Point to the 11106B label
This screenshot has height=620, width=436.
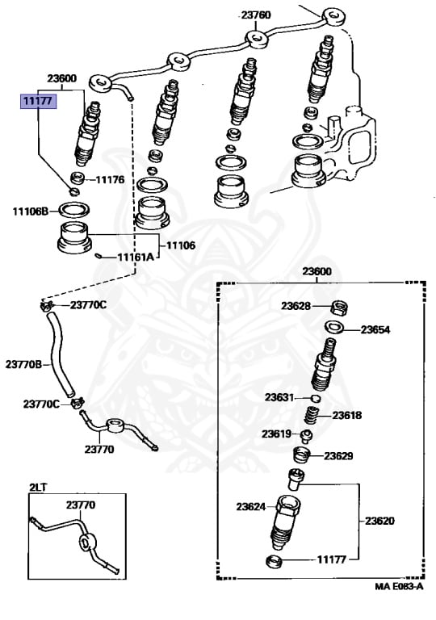click(30, 212)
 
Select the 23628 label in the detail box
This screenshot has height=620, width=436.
click(296, 305)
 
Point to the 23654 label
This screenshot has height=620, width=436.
click(375, 329)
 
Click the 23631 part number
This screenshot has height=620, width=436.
click(279, 396)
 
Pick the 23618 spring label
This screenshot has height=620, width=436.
click(346, 416)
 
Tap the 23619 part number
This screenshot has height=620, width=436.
click(275, 434)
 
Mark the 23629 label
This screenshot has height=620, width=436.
click(339, 456)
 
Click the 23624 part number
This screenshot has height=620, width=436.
click(251, 507)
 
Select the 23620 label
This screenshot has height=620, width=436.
click(379, 521)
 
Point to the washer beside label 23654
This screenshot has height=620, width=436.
click(333, 328)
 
